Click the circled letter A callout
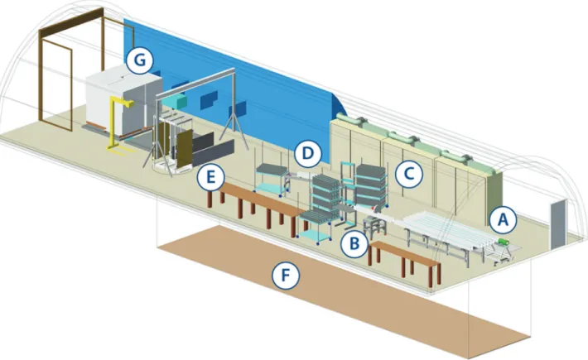pos(503,220)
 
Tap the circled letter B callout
pos(354,243)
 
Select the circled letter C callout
pos(409,174)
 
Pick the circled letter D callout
pos(307,153)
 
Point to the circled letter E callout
pos(211,177)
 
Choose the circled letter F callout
pos(286,276)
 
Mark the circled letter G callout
pos(139,60)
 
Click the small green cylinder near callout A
pos(503,242)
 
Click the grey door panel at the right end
pos(557,224)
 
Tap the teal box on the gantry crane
pos(176,100)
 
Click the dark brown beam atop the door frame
pos(71,23)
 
